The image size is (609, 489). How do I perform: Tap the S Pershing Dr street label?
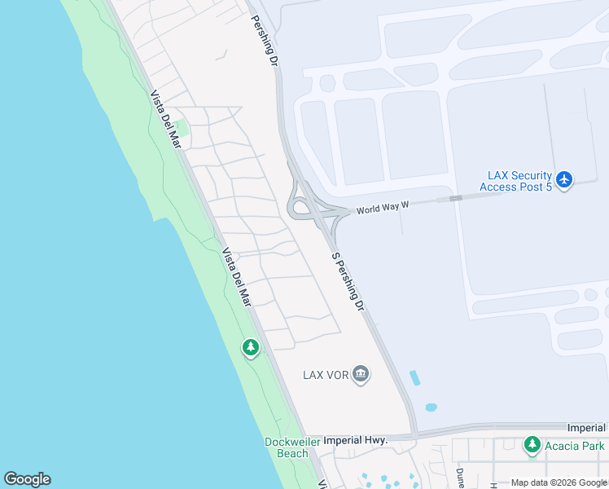[348, 280]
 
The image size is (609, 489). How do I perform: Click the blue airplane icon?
[566, 178]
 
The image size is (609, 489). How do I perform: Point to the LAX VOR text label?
[326, 375]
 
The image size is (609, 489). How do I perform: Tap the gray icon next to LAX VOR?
[361, 375]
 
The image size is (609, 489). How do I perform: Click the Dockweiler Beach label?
[291, 447]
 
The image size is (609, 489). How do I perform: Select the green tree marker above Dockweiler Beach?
[251, 348]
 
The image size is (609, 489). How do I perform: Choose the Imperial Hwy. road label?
[354, 440]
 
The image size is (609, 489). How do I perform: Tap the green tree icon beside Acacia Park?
[532, 445]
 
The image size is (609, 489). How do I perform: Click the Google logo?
[27, 479]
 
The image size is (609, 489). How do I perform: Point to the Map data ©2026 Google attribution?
[559, 482]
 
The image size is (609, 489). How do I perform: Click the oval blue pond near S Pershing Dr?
[431, 407]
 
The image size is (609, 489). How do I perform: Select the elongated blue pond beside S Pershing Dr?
[416, 378]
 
